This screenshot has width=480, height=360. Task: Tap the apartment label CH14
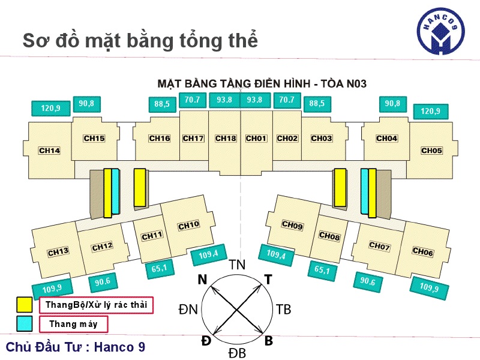pyautogui.click(x=49, y=151)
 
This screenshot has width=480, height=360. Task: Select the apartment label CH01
pyautogui.click(x=256, y=139)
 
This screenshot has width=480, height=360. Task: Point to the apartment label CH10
pyautogui.click(x=188, y=225)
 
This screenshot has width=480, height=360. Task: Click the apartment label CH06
pyautogui.click(x=423, y=252)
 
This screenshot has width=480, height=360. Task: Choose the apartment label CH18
pyautogui.click(x=226, y=139)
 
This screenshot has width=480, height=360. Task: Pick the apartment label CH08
pyautogui.click(x=329, y=237)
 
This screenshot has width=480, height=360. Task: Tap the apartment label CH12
pyautogui.click(x=103, y=246)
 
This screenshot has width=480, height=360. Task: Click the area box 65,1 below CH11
pyautogui.click(x=160, y=269)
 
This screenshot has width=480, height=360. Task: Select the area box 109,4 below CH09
pyautogui.click(x=277, y=255)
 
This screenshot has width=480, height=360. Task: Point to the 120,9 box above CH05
pyautogui.click(x=430, y=112)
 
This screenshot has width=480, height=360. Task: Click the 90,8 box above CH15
pyautogui.click(x=86, y=104)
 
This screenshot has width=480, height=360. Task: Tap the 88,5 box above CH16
pyautogui.click(x=162, y=104)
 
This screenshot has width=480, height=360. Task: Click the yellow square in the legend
pyautogui.click(x=25, y=305)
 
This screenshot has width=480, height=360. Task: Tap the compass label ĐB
pyautogui.click(x=237, y=353)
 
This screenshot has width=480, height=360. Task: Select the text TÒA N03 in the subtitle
pyautogui.click(x=345, y=83)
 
